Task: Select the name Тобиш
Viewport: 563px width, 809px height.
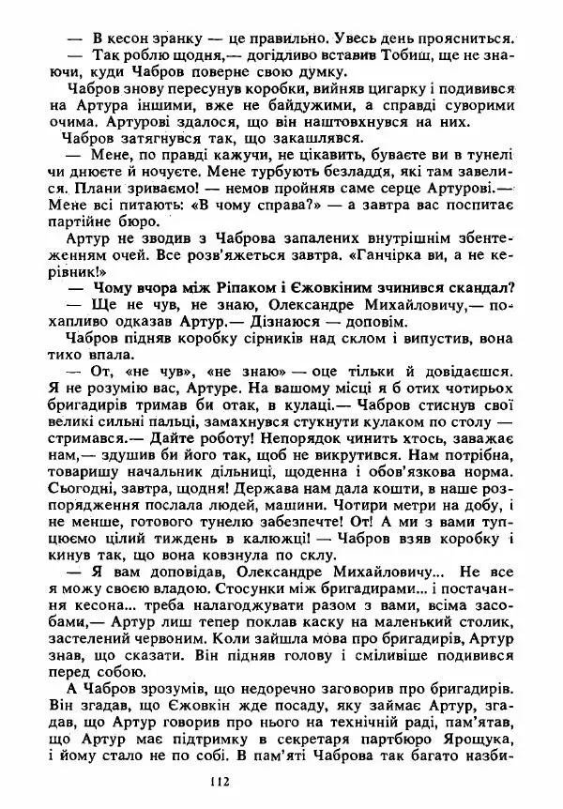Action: pyautogui.click(x=401, y=57)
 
